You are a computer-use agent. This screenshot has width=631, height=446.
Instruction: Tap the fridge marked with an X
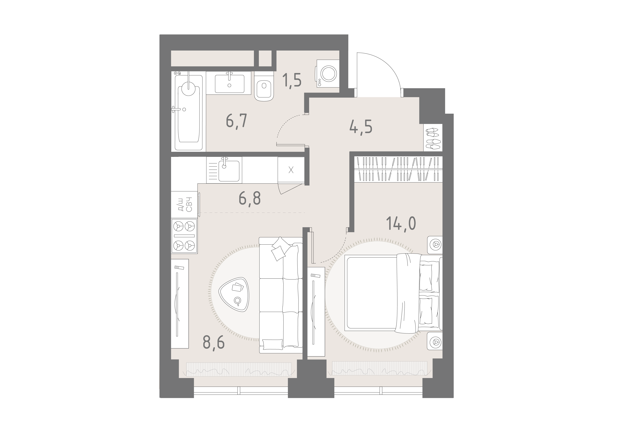click(291, 170)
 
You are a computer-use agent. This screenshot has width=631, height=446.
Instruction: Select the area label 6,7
click(237, 121)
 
